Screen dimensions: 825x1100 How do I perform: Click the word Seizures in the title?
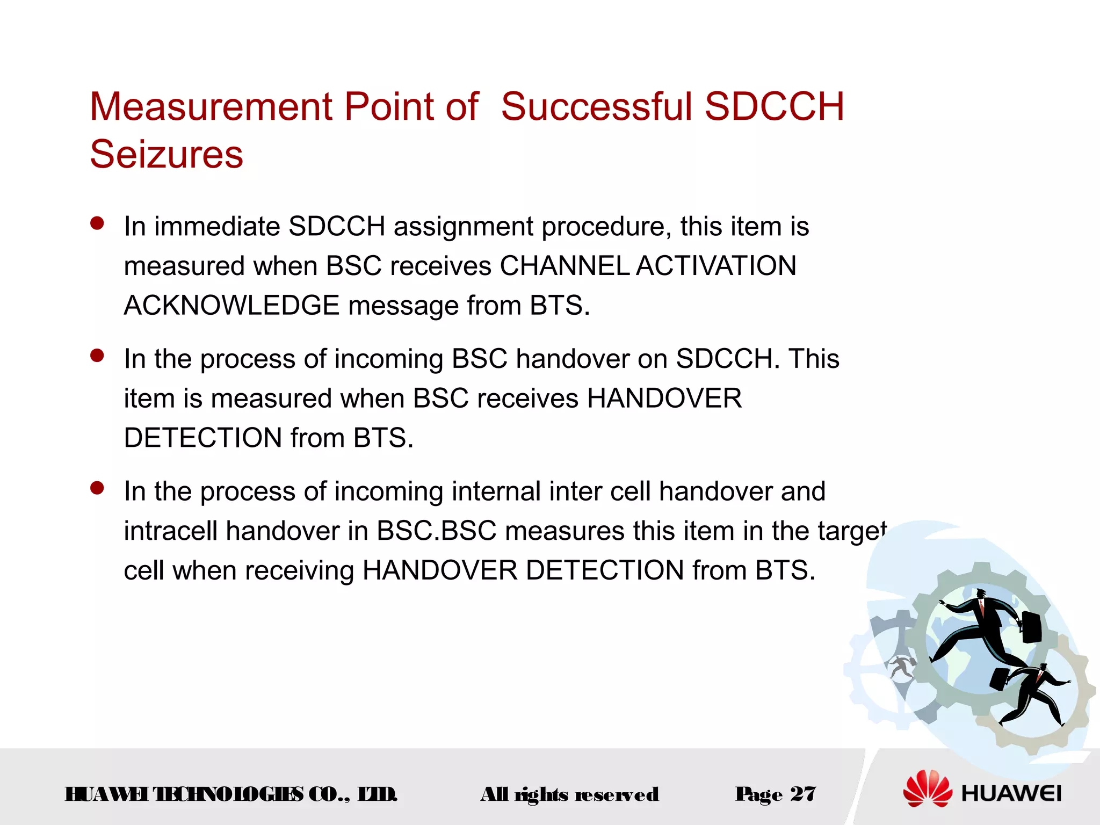[167, 155]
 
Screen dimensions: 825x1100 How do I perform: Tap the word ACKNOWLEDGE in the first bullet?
[231, 306]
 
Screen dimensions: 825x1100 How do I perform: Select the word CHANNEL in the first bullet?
[564, 266]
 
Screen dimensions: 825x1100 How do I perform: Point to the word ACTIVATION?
[717, 266]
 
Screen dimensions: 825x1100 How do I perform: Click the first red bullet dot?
[97, 223]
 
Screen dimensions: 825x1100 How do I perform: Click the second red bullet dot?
[97, 356]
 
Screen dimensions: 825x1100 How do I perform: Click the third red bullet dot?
[97, 488]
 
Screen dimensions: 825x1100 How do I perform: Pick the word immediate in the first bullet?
[217, 226]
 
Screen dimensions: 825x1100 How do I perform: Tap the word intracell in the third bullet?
[170, 531]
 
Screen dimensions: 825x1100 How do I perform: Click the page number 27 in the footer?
[804, 794]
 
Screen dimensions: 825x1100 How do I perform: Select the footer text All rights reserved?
[569, 794]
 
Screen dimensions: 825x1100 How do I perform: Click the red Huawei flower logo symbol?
[928, 789]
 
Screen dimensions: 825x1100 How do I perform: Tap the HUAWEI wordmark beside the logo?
[1011, 794]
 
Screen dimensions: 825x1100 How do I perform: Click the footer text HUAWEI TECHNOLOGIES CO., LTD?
[231, 794]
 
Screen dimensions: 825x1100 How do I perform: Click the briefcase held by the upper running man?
[1031, 627]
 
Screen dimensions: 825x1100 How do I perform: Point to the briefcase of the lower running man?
[999, 679]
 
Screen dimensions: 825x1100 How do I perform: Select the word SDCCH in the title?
[774, 106]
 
